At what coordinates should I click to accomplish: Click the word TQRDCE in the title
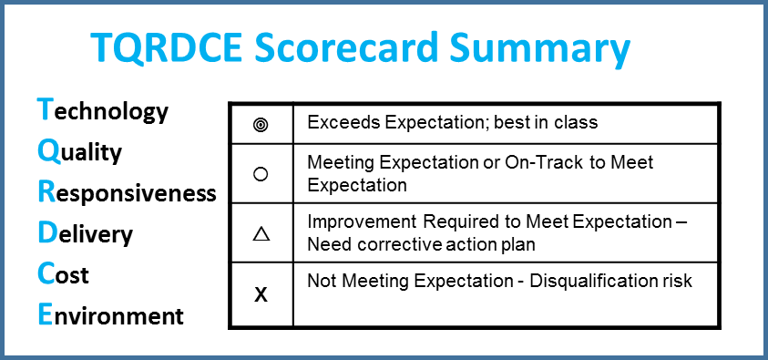167,47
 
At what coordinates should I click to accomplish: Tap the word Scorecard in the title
346,47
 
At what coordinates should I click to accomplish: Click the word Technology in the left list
102,110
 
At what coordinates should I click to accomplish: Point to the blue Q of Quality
48,152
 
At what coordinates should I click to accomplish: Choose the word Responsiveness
127,192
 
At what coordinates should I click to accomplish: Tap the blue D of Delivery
47,233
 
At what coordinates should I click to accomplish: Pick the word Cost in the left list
63,274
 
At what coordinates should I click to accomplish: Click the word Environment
111,315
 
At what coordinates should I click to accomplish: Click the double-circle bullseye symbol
261,126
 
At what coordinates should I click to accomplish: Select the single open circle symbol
261,174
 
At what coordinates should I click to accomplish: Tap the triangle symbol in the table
261,234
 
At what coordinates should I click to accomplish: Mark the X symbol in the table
261,295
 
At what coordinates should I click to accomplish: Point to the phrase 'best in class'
546,122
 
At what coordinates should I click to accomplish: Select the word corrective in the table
388,244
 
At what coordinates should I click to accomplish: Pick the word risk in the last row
675,281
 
